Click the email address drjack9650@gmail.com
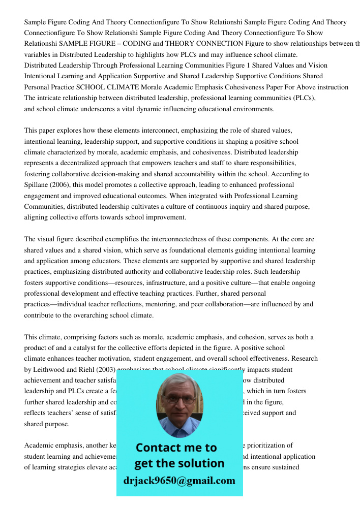(x=179, y=481)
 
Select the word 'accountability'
(x=188, y=174)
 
